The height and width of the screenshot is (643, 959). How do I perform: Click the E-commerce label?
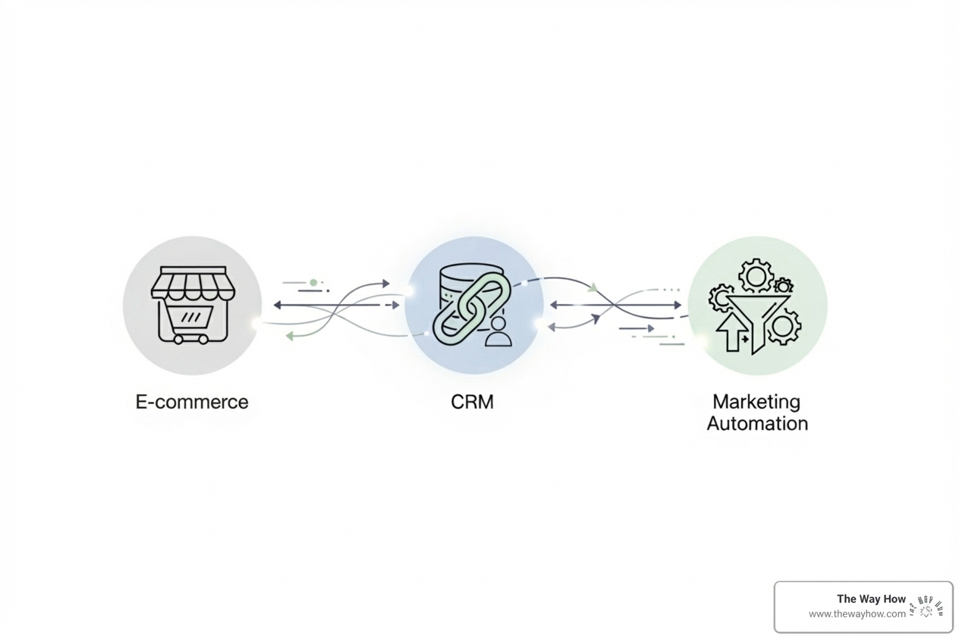click(192, 402)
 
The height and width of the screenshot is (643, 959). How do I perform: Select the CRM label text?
click(472, 402)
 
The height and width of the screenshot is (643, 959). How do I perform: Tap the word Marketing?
click(756, 401)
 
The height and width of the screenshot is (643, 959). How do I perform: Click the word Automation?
click(757, 423)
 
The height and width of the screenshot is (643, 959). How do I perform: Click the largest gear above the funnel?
click(756, 276)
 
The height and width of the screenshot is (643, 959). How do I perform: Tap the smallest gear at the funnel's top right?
click(784, 285)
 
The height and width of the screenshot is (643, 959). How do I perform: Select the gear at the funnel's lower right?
click(784, 327)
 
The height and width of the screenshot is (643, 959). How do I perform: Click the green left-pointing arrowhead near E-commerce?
click(290, 336)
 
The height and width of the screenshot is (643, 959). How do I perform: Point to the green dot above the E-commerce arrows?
click(313, 283)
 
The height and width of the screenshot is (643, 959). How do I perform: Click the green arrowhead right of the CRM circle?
click(593, 287)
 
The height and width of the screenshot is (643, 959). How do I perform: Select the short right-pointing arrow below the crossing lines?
click(637, 328)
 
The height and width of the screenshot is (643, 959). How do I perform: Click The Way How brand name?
click(871, 599)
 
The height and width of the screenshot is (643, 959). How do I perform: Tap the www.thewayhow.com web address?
click(857, 614)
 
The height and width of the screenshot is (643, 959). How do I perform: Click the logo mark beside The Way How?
click(926, 607)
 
